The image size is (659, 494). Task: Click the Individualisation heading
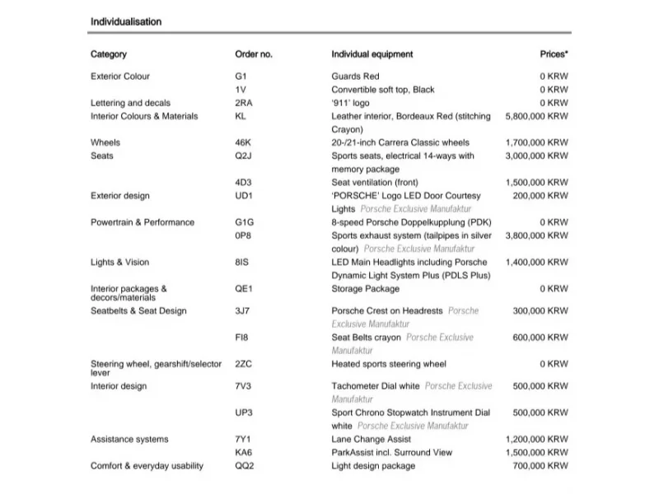(126, 21)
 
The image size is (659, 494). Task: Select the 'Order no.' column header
(254, 54)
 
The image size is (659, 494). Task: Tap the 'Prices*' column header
(554, 54)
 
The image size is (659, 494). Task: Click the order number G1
(241, 77)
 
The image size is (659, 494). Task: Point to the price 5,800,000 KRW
(536, 117)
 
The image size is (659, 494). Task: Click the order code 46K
(243, 142)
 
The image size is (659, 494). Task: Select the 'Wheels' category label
(105, 142)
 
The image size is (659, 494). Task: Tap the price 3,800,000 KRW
(536, 235)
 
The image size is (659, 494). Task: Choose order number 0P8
(243, 235)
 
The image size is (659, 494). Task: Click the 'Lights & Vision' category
(120, 263)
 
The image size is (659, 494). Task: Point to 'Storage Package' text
(365, 289)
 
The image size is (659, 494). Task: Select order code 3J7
(243, 311)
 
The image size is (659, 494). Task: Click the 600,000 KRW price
(540, 338)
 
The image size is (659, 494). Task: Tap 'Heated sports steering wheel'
(389, 364)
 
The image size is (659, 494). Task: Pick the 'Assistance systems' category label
(129, 440)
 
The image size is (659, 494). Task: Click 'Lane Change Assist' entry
(370, 440)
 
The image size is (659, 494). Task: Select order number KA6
(243, 453)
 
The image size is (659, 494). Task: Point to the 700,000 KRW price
(540, 466)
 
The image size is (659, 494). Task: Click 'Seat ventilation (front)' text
(375, 183)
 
